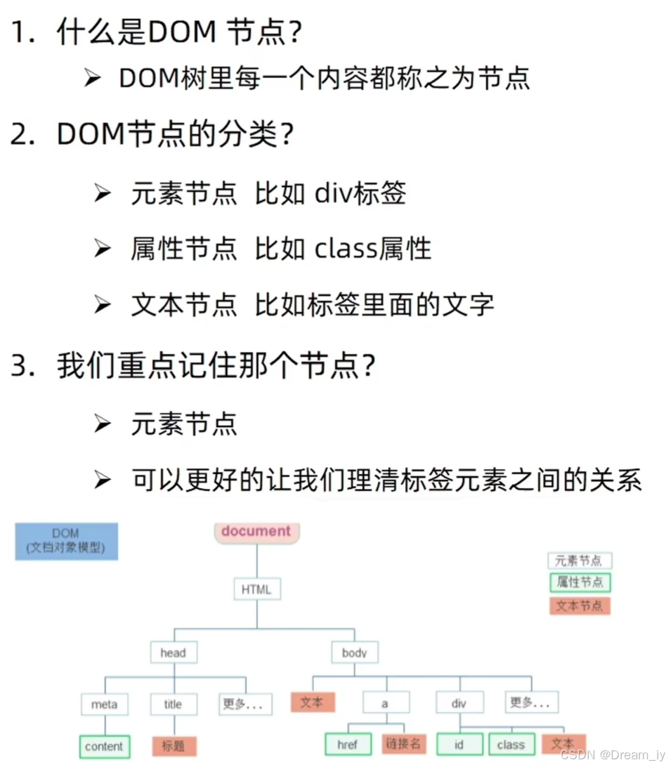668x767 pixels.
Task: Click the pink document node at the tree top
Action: point(256,532)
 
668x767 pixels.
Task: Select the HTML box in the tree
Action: point(256,589)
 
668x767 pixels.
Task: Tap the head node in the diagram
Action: point(173,653)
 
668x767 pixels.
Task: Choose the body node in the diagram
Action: point(355,653)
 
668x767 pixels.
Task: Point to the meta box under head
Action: point(104,704)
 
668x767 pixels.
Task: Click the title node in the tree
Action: point(173,704)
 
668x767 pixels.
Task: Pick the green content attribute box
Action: point(104,747)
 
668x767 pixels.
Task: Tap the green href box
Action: point(348,744)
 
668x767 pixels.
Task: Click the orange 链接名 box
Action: point(404,744)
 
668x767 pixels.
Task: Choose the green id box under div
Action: point(459,744)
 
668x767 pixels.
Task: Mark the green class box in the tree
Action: point(511,744)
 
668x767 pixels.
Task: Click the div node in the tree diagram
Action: point(459,702)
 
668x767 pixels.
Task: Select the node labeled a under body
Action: point(385,702)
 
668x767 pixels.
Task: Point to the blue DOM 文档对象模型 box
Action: point(66,541)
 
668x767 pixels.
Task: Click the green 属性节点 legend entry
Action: point(579,582)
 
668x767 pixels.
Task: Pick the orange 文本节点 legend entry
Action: point(579,605)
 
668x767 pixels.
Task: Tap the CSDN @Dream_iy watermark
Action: point(612,754)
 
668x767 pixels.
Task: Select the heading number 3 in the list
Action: point(21,367)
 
